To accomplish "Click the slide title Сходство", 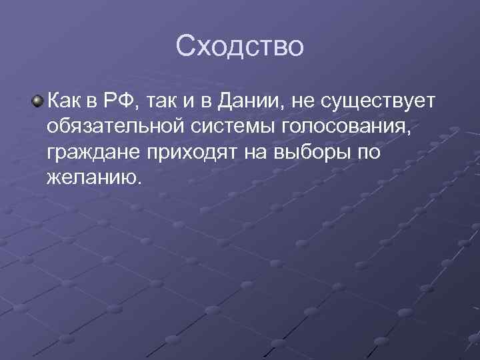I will click(x=240, y=46).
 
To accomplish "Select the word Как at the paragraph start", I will click(x=66, y=101).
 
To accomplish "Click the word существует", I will click(x=378, y=101).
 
